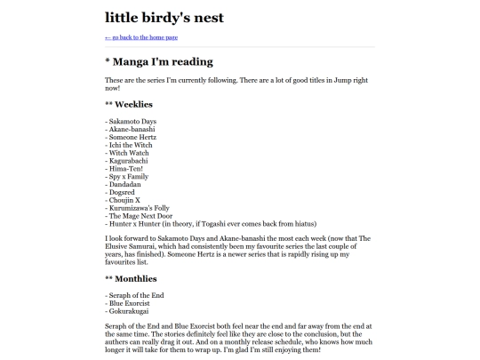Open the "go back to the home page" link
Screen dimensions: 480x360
pos(142,37)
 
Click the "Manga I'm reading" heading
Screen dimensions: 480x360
pos(159,62)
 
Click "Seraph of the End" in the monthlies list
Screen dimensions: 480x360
pos(134,294)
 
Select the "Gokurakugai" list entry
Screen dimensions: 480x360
pos(129,310)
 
